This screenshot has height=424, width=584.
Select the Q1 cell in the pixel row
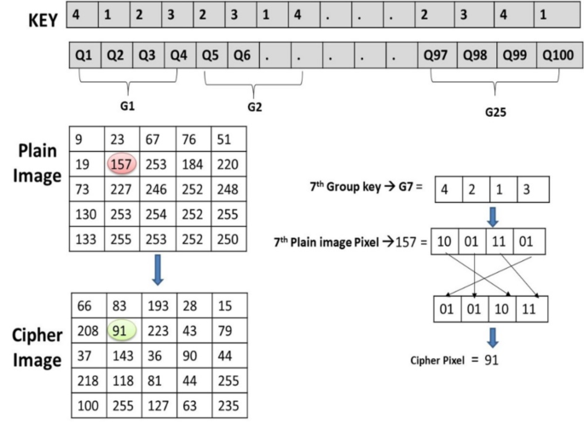pos(84,55)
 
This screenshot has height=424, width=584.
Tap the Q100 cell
pos(558,55)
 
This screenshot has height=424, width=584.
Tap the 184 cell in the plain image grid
pos(194,162)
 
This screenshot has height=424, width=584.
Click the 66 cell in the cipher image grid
pos(85,305)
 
